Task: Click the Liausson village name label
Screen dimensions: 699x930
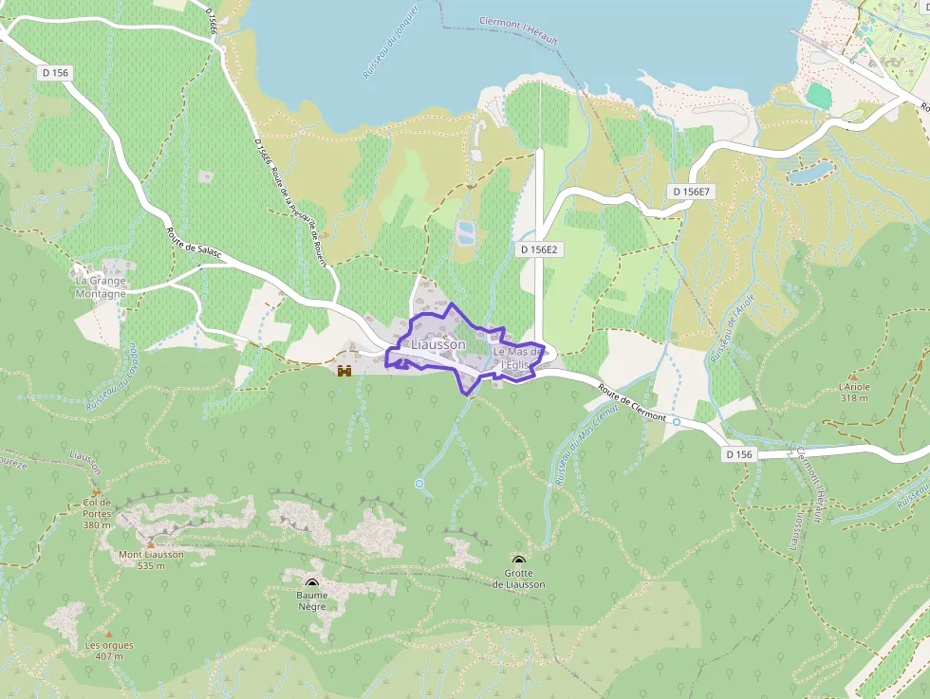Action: (x=438, y=345)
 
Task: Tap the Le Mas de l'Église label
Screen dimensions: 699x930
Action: (x=518, y=358)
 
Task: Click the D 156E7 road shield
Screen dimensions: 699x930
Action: (x=692, y=192)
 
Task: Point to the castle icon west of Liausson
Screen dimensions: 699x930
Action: (x=344, y=369)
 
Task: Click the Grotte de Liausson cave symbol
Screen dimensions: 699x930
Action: (x=518, y=561)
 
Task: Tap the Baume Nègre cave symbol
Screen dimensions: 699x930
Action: (x=312, y=583)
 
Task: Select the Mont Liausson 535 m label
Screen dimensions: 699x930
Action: (x=151, y=560)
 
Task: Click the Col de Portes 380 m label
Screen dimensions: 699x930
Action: (x=97, y=513)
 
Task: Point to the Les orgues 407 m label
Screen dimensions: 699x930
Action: (x=109, y=651)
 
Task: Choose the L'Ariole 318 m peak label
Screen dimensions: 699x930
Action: (x=854, y=392)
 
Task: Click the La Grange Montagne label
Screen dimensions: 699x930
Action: (x=101, y=286)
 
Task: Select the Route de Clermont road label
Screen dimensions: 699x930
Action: (x=633, y=403)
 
